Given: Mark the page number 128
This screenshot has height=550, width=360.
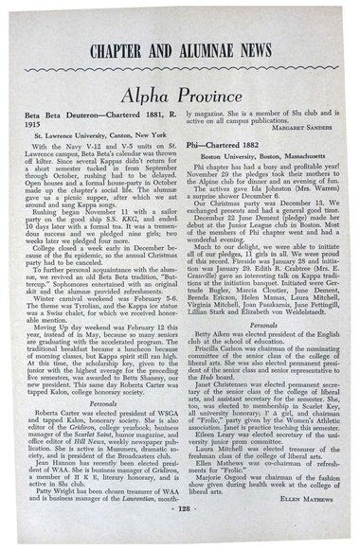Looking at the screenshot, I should pos(179,535).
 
